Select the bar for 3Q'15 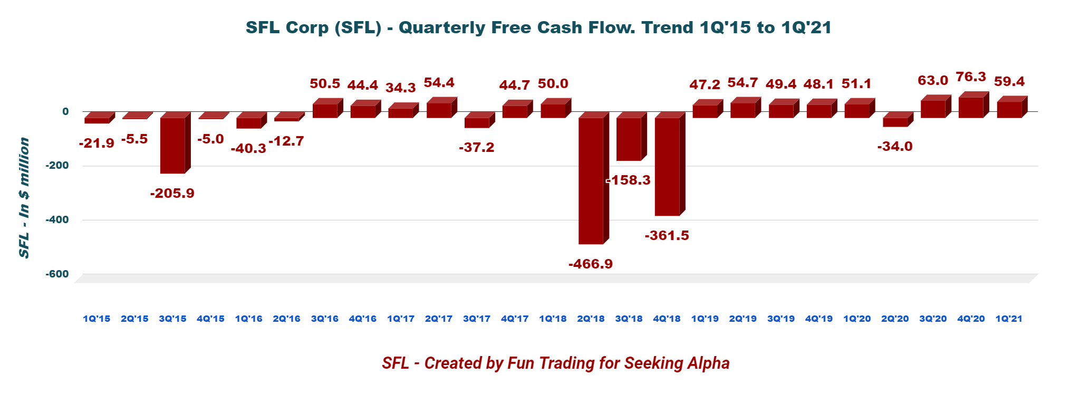pyautogui.click(x=172, y=145)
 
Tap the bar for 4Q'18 pyautogui.click(x=667, y=166)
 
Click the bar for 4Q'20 pyautogui.click(x=971, y=107)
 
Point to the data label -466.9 pyautogui.click(x=591, y=264)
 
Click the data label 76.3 pyautogui.click(x=971, y=77)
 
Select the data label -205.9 pyautogui.click(x=172, y=193)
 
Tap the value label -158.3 pyautogui.click(x=629, y=180)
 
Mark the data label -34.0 pyautogui.click(x=895, y=147)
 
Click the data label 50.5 pyautogui.click(x=325, y=83)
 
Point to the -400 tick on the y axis pyautogui.click(x=57, y=219)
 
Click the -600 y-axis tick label pyautogui.click(x=57, y=274)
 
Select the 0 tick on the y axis pyautogui.click(x=65, y=111)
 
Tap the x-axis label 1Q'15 pyautogui.click(x=97, y=319)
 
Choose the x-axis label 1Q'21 pyautogui.click(x=1009, y=319)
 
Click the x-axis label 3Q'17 pyautogui.click(x=477, y=319)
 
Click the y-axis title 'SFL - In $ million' pyautogui.click(x=24, y=198)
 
